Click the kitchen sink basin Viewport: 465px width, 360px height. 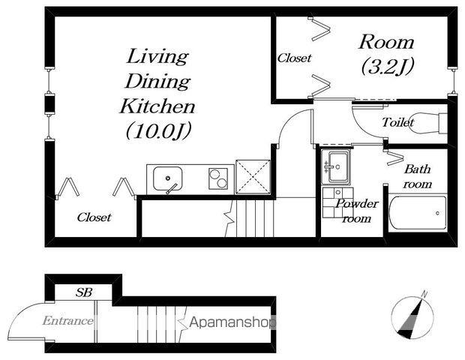[167, 178]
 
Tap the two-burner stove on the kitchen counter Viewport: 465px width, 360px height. [218, 178]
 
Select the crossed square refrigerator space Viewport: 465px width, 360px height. [253, 177]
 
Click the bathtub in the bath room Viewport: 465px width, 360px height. [418, 212]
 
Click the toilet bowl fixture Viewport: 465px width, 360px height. [429, 123]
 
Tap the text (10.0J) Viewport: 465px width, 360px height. [158, 130]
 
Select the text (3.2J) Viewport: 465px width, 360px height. [387, 67]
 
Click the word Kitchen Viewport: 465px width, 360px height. [157, 106]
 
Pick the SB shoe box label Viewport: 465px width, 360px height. [84, 292]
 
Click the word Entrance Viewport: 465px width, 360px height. [67, 320]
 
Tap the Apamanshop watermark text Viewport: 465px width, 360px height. [232, 322]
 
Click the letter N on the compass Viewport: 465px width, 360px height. [424, 295]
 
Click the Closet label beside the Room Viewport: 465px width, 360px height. [294, 58]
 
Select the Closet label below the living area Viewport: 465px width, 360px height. [94, 217]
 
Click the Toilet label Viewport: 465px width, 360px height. [397, 122]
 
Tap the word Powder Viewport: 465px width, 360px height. [357, 204]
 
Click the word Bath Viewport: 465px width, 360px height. [417, 169]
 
